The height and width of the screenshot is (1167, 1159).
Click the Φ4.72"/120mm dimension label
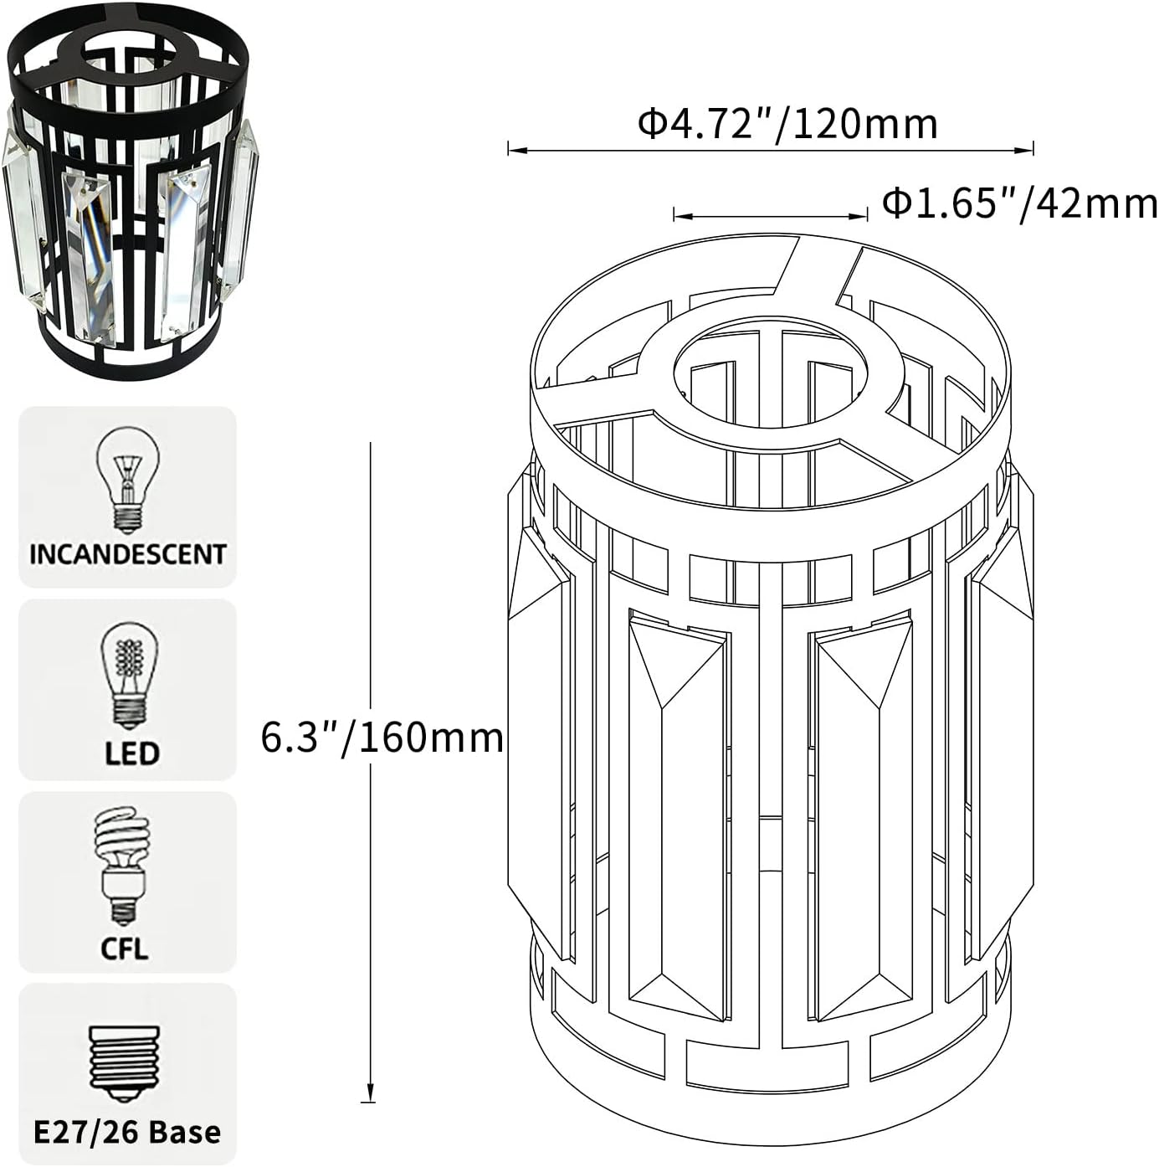(787, 124)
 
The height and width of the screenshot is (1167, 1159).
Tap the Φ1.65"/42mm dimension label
(1020, 203)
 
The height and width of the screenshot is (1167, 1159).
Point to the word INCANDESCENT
(127, 554)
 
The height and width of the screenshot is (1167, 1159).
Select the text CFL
(124, 949)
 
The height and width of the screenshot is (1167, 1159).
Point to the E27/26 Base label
(127, 1132)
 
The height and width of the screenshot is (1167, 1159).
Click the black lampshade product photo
(132, 188)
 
